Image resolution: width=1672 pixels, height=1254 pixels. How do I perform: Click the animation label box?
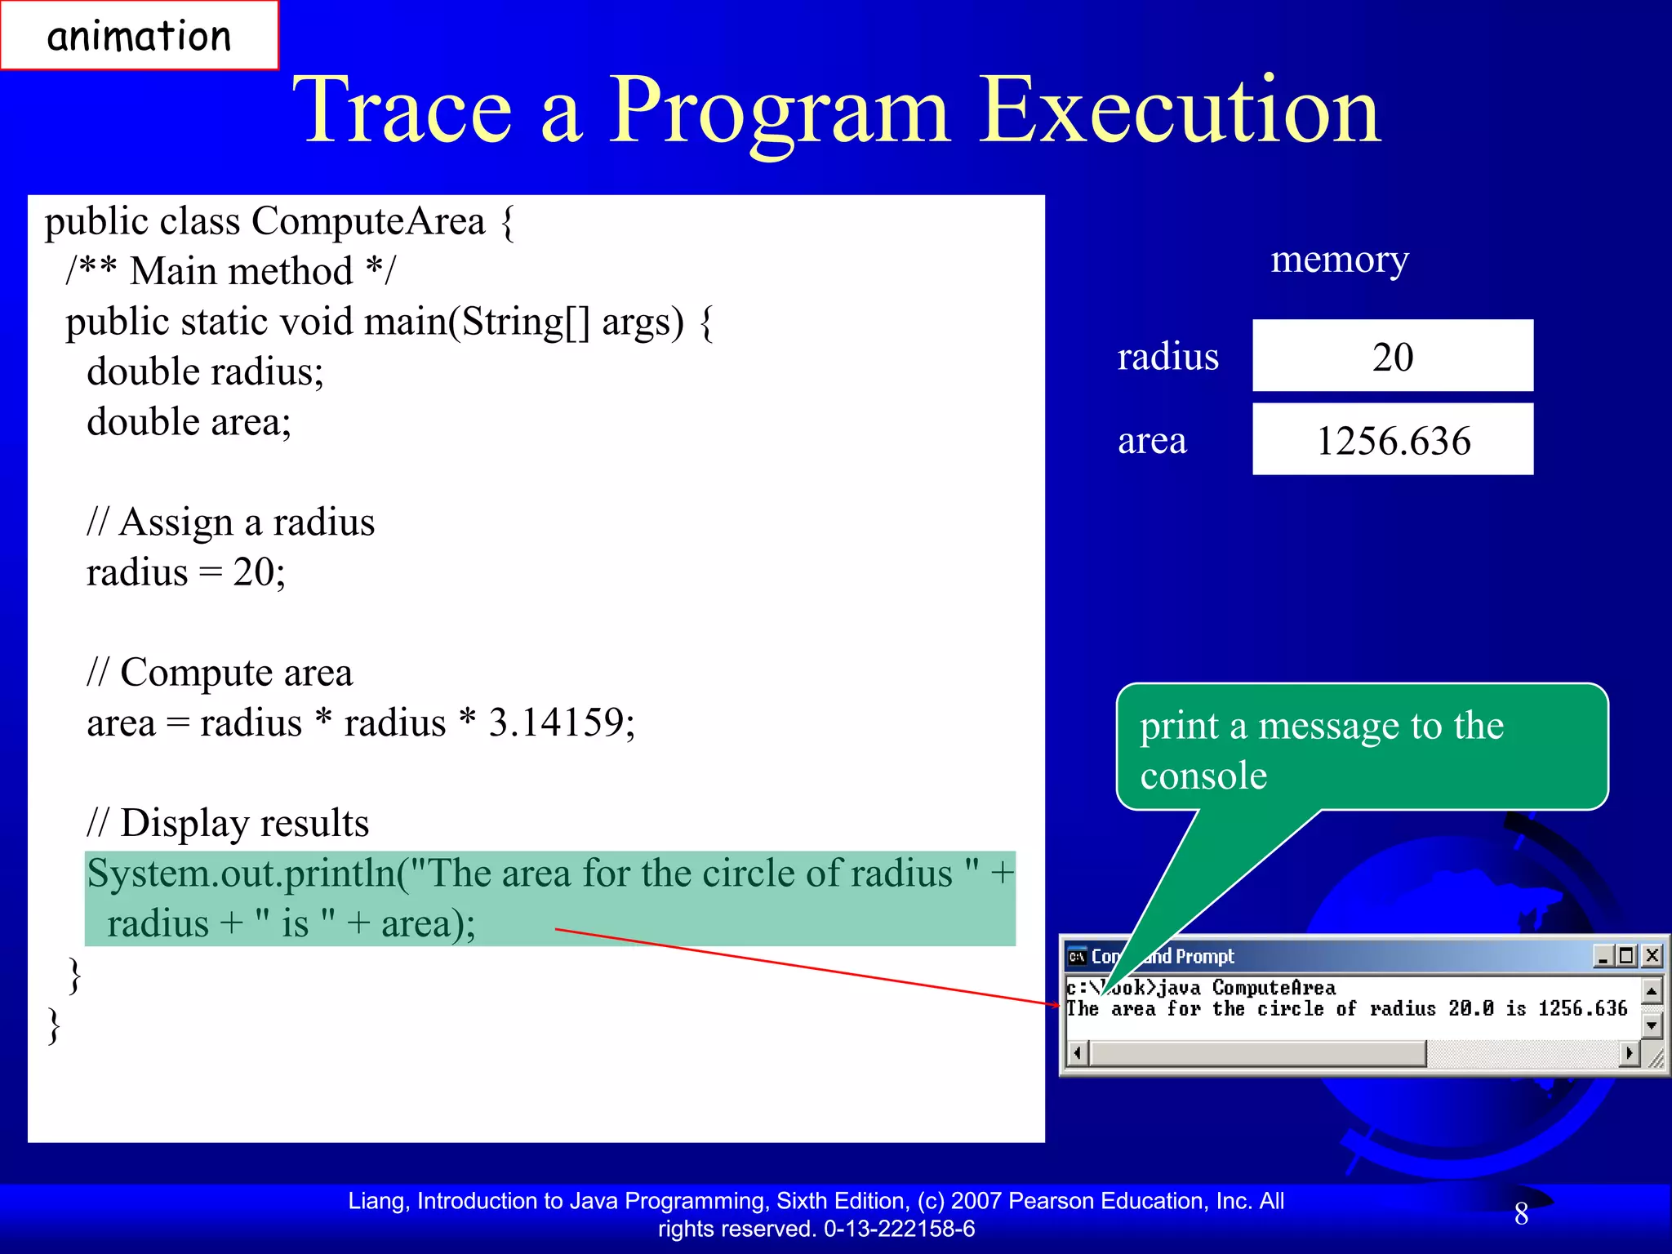click(139, 36)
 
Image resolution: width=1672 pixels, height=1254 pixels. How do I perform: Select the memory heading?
click(1339, 260)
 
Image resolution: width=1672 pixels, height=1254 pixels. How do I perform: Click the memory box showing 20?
click(1392, 356)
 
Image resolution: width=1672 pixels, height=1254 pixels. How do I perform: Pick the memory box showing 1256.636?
click(1392, 440)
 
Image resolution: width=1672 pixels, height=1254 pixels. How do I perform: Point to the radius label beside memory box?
click(1167, 357)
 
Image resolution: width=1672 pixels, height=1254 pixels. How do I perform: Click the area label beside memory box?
click(1151, 441)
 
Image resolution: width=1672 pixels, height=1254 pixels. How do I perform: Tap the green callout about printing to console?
click(1361, 748)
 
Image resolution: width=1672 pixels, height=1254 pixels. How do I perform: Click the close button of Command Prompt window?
click(1652, 955)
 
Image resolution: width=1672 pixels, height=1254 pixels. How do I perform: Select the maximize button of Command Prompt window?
click(1626, 955)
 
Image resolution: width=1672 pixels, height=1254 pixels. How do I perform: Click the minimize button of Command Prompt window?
click(1603, 955)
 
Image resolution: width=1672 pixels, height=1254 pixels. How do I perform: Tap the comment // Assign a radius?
click(230, 522)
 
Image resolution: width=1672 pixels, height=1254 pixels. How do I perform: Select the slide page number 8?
click(1521, 1214)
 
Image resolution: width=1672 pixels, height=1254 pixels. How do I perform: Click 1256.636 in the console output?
click(1582, 1009)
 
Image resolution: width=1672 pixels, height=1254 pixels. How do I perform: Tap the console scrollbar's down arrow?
click(1652, 1025)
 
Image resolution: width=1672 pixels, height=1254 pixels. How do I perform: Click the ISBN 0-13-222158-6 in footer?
click(899, 1229)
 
